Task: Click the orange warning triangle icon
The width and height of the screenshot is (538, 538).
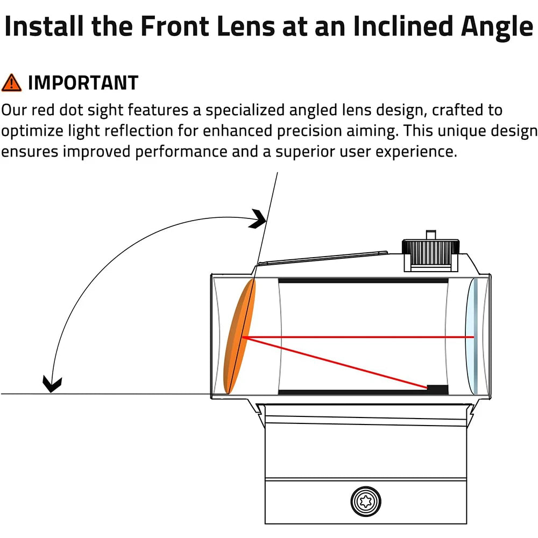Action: click(x=11, y=83)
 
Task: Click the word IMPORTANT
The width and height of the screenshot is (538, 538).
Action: click(x=83, y=83)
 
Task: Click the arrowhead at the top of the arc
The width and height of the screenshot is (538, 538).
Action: click(x=260, y=218)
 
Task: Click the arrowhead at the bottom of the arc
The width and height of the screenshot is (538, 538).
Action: click(x=52, y=384)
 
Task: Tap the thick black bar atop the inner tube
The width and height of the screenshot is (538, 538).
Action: click(x=363, y=280)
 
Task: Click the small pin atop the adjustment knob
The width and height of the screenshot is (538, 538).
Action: click(x=429, y=235)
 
